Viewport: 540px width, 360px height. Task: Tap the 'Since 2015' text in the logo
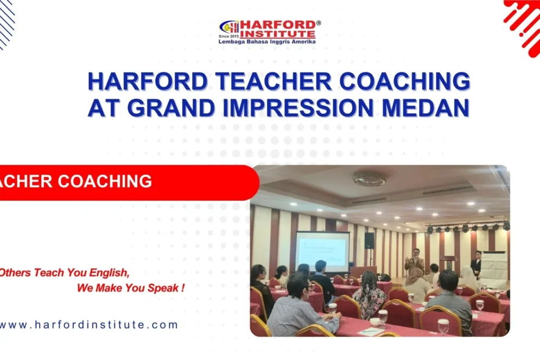(x=229, y=36)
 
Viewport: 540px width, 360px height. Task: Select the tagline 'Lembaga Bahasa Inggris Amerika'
(x=267, y=42)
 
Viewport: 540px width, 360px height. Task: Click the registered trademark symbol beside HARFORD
(x=318, y=23)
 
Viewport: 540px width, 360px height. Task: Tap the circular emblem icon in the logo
(x=229, y=27)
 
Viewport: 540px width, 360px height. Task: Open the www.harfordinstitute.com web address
(x=88, y=325)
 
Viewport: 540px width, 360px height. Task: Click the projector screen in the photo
(x=322, y=251)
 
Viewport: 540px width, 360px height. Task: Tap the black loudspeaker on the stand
(x=369, y=240)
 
